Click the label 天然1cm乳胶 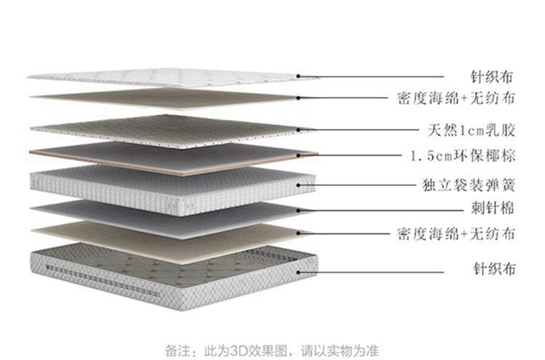point(472,130)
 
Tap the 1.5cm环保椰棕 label point(463,156)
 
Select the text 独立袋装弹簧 point(469,185)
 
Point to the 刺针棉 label point(493,208)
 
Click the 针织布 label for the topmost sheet point(492,77)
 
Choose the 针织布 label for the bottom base point(495,269)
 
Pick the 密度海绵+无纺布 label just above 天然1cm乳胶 point(456,98)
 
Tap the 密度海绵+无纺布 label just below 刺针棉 point(456,233)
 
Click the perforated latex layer point(167,131)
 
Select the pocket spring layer point(173,190)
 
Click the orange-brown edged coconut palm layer point(173,159)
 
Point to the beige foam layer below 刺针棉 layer point(167,241)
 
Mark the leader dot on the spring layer point(298,185)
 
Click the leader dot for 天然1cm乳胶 point(298,129)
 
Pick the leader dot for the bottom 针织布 point(298,272)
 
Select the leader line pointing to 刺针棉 point(381,210)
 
